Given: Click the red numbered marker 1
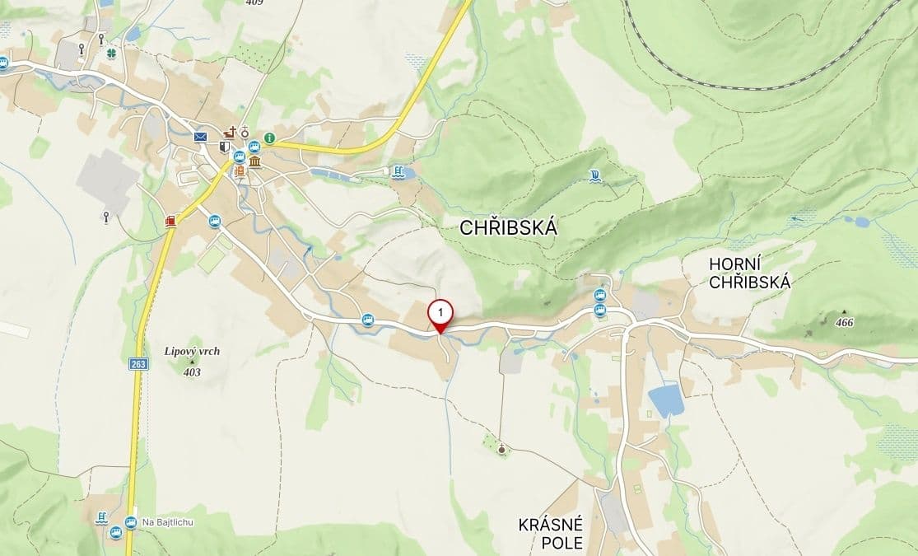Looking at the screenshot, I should pos(441,314).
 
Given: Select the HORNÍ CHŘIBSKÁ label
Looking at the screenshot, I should pos(749,273).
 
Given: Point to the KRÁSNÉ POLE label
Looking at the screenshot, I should pos(551,533).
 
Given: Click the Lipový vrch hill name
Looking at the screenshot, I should pos(192,351).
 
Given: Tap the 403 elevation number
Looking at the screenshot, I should pos(192,371).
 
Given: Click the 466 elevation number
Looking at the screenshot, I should pos(844,323).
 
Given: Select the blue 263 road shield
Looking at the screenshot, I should pos(137,363).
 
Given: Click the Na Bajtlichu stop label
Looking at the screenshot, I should pos(167,522).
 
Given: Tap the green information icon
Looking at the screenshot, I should pos(269,138).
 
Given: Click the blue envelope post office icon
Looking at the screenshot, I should pos(200,136).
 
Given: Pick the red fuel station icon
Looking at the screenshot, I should pos(170,221).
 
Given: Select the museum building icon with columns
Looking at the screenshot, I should pos(254,161).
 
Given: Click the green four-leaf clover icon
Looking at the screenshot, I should pos(111,53).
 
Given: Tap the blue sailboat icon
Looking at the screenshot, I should pos(595,174).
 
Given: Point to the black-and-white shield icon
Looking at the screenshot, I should pos(224,147).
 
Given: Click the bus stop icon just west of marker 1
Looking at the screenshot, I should pos(367,320).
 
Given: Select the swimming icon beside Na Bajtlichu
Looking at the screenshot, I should pos(100,518).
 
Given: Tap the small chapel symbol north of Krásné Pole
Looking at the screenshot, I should pos(502,449).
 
